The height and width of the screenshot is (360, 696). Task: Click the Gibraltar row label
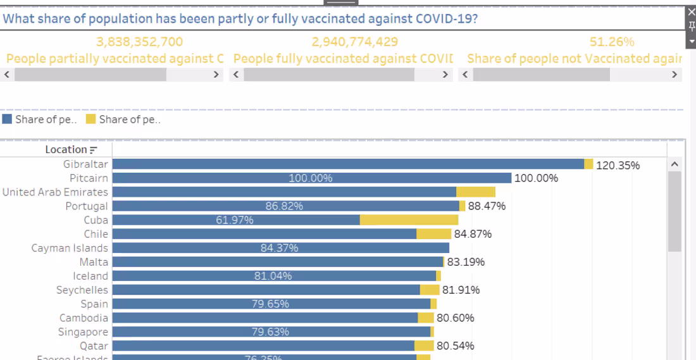85,164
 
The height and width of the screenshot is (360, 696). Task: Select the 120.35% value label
618,165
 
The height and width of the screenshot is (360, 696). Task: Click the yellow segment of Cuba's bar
409,220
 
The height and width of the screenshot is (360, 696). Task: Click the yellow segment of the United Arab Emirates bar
475,192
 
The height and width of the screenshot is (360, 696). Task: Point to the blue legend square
8,119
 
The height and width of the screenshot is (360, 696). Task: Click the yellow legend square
90,119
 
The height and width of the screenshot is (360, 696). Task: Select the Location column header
66,149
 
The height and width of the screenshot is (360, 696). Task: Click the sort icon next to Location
94,150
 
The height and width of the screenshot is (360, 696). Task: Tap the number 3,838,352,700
139,42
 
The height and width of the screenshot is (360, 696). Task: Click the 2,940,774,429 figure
355,42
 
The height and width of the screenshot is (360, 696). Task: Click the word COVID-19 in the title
446,18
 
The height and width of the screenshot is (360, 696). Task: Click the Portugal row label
87,206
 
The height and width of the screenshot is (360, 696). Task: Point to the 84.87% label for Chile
473,234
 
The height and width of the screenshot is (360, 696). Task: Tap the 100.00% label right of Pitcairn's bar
536,178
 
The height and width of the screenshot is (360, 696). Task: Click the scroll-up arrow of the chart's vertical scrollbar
674,164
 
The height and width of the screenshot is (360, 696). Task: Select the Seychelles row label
82,290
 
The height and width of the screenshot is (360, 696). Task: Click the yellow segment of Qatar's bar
424,345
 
